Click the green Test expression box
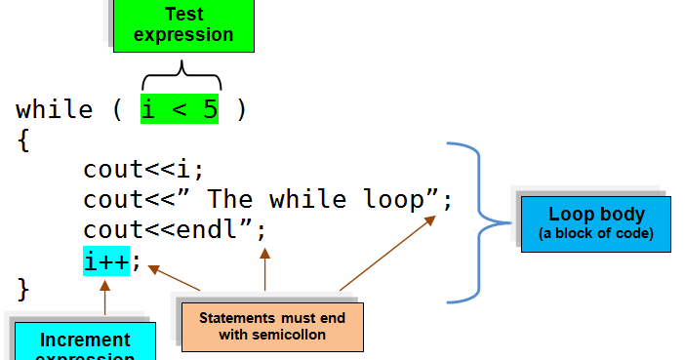click(x=183, y=25)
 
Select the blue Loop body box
click(x=596, y=223)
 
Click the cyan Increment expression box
click(x=85, y=340)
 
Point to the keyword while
click(x=55, y=109)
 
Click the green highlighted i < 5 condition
click(x=180, y=109)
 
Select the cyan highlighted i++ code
click(x=106, y=260)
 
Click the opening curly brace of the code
click(x=23, y=140)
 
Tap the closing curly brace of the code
click(x=23, y=289)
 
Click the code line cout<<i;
click(x=143, y=169)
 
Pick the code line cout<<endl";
click(x=175, y=230)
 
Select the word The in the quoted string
click(x=230, y=199)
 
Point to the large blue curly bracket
click(x=483, y=221)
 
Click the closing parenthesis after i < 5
click(x=240, y=109)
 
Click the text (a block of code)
click(x=596, y=234)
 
